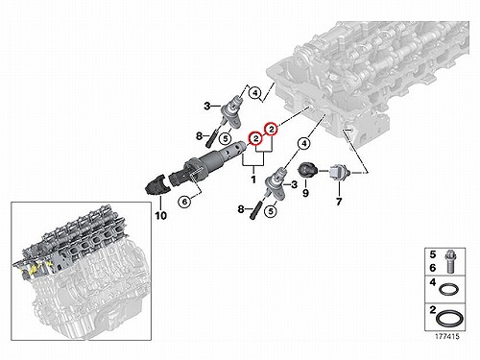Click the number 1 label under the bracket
(x=253, y=180)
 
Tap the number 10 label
(x=161, y=216)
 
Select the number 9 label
(x=305, y=193)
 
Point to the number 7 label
(x=339, y=202)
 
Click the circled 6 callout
(x=184, y=202)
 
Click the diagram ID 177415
(x=446, y=336)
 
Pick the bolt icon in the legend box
(x=450, y=262)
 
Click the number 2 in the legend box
(x=433, y=310)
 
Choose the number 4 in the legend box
(x=433, y=282)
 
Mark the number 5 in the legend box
(x=433, y=254)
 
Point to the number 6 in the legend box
(x=433, y=268)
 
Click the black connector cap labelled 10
(x=156, y=186)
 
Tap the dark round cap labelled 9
(x=307, y=169)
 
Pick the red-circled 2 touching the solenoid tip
(x=256, y=138)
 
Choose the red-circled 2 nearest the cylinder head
(x=272, y=129)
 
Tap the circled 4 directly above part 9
(x=304, y=144)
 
